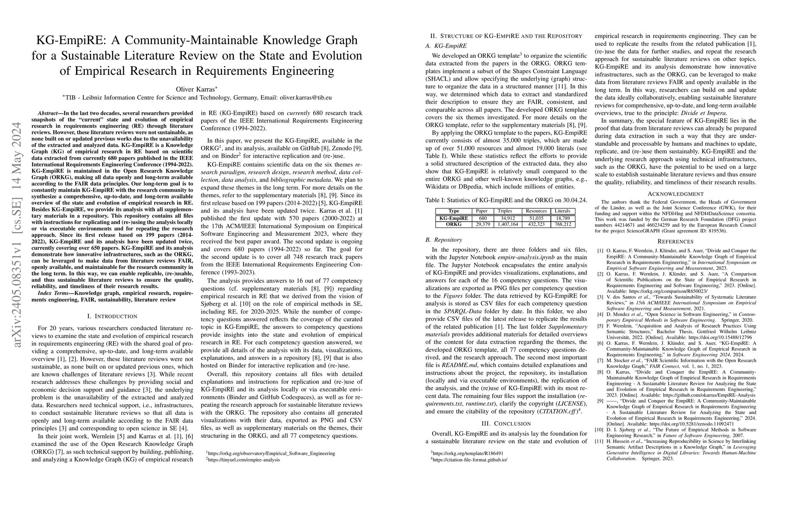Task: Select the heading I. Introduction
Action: coord(112,316)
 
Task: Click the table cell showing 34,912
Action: coord(508,218)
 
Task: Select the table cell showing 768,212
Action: coord(563,224)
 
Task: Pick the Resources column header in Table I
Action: coord(536,211)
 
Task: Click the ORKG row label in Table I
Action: coord(454,224)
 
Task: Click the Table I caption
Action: coord(500,200)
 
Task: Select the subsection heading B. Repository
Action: coord(444,240)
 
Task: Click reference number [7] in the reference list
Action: coord(600,360)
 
